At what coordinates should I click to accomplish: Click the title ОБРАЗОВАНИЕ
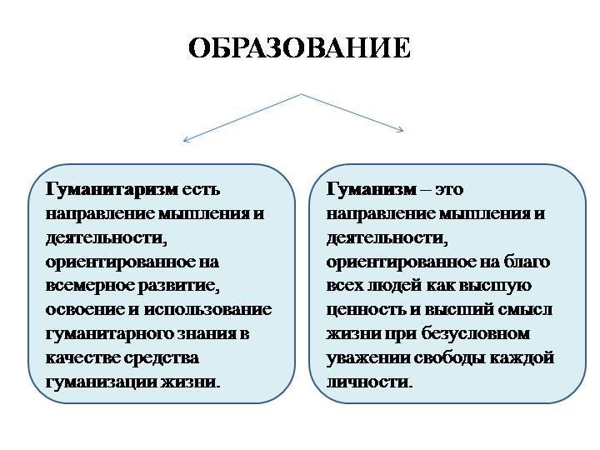(300, 47)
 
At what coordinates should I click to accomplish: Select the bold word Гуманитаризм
(112, 190)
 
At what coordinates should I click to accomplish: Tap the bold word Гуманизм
(372, 190)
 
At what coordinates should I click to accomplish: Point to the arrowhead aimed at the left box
(186, 140)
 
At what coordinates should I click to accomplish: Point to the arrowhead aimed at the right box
(400, 130)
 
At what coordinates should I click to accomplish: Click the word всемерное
(89, 287)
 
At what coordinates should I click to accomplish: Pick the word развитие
(178, 287)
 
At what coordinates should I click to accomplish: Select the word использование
(208, 310)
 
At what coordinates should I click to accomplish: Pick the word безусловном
(476, 334)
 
